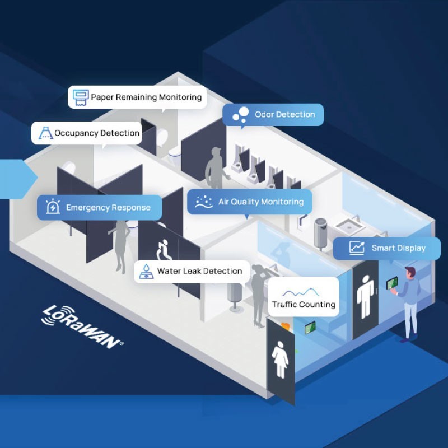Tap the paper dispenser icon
80,97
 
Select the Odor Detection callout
273,115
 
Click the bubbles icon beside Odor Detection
241,114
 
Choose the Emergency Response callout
100,207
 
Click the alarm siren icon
53,206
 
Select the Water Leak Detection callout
192,272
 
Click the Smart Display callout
386,248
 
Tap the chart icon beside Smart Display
357,248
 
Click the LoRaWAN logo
82,326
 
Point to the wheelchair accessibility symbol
164,250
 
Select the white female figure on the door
281,359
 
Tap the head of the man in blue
410,272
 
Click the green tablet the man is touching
391,283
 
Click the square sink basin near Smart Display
348,226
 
